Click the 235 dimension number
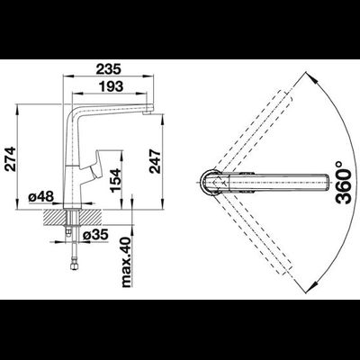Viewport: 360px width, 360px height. click(x=108, y=68)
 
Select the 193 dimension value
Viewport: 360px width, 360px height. click(x=111, y=86)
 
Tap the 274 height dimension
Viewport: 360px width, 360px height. click(x=11, y=158)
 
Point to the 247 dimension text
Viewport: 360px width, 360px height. click(x=156, y=161)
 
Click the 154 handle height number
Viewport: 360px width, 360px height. click(x=115, y=180)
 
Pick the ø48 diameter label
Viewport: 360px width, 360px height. click(x=40, y=197)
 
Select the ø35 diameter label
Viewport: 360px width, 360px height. click(x=95, y=235)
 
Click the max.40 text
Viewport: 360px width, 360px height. click(x=127, y=262)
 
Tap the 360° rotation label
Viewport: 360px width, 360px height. click(x=344, y=183)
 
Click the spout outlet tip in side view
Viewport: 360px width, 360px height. click(x=147, y=112)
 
